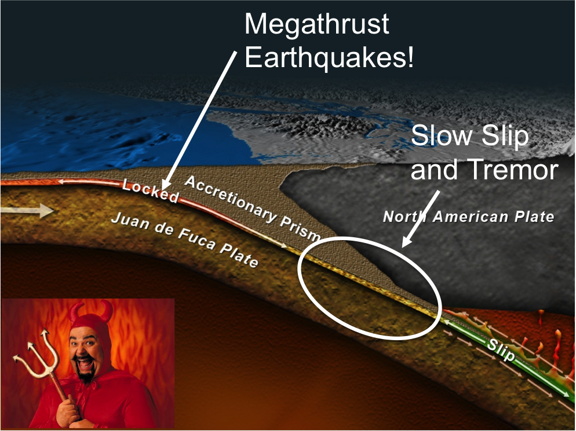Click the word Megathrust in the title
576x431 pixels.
coord(316,25)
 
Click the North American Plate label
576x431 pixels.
coord(468,217)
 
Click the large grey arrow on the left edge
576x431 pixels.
coord(28,211)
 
